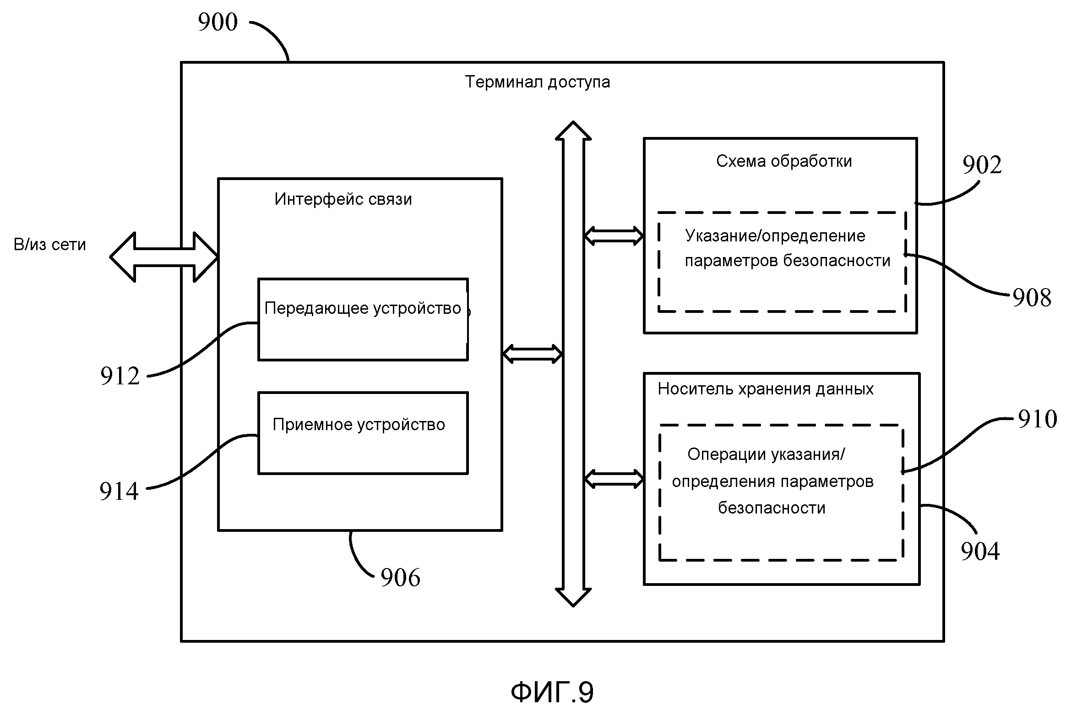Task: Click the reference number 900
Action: coord(218,22)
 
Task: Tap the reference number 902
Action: coord(982,165)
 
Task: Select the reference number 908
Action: coord(1032,298)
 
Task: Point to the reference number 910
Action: coord(1037,419)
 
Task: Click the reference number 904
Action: coord(980,551)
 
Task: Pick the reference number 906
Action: coord(400,577)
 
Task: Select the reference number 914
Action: coord(119,492)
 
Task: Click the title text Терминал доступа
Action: coord(537,82)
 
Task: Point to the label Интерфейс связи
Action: coord(343,199)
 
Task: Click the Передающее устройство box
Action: coord(363,319)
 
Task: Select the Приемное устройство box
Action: coord(363,433)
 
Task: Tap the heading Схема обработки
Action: coord(783,161)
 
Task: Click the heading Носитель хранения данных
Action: coord(765,389)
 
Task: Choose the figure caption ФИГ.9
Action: coord(552,692)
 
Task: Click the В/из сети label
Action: coord(50,245)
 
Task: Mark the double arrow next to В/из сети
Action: coord(164,257)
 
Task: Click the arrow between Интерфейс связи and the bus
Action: coord(532,354)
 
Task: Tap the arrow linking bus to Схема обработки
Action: coord(614,236)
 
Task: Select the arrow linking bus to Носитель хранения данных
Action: coord(614,479)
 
